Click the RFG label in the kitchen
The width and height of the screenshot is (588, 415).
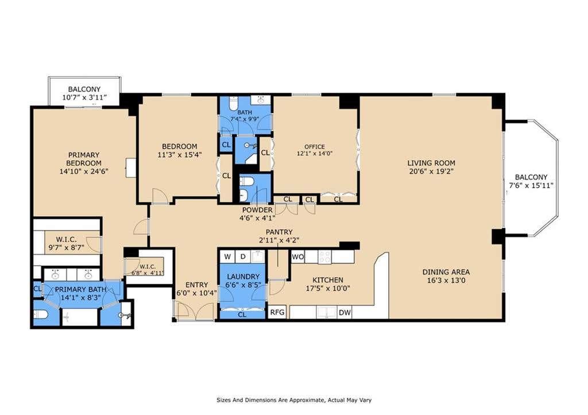click(277, 312)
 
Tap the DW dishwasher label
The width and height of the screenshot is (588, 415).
click(345, 312)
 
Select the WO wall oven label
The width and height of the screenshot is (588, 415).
click(298, 257)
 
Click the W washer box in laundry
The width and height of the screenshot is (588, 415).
click(227, 257)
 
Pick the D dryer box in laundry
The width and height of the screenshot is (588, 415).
click(243, 257)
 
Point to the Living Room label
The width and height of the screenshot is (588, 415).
click(431, 163)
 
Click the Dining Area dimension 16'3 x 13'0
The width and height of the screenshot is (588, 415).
click(446, 281)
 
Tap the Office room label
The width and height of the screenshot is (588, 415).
click(315, 146)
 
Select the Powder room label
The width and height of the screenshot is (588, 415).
click(257, 210)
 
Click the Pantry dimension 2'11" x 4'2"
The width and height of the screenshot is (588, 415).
click(278, 241)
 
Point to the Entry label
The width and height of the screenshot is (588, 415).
click(196, 285)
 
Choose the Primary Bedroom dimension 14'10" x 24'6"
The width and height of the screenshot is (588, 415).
click(84, 172)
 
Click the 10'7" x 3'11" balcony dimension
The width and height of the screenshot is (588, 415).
click(84, 98)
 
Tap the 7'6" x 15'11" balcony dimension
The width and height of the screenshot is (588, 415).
click(531, 185)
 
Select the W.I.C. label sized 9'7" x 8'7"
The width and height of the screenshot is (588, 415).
click(67, 239)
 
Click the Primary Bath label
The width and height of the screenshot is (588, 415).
click(80, 289)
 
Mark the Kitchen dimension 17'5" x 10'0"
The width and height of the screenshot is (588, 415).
click(328, 288)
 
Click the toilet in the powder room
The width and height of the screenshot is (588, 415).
click(246, 181)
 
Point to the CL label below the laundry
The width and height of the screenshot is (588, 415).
click(242, 315)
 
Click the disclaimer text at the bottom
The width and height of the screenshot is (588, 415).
click(294, 400)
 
